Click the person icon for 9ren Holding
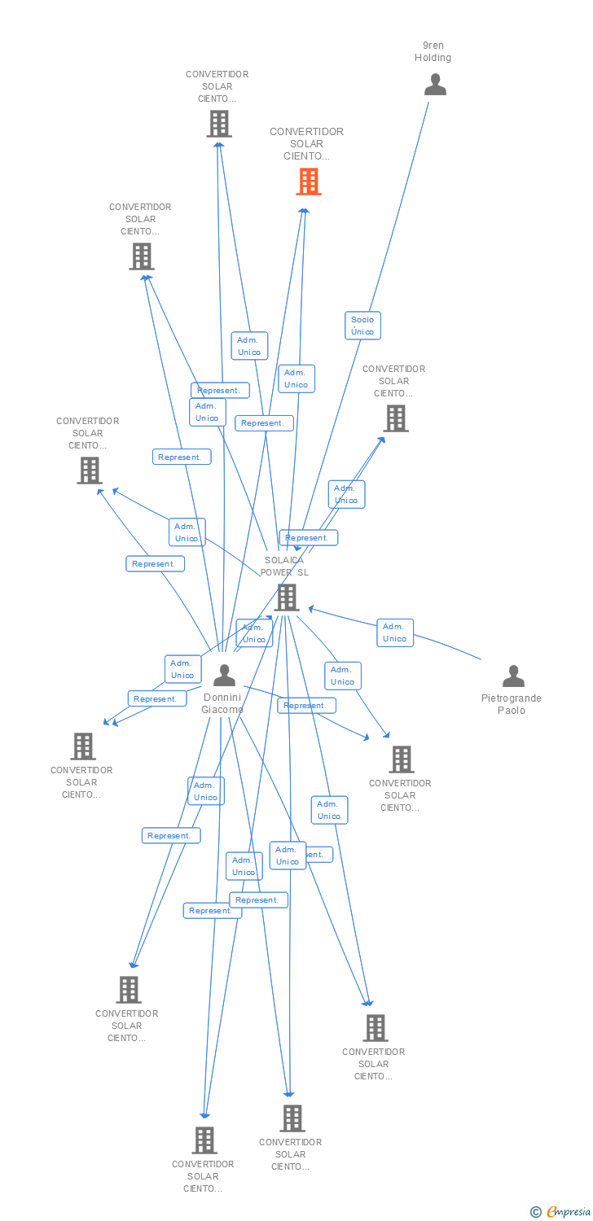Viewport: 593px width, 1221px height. pyautogui.click(x=436, y=85)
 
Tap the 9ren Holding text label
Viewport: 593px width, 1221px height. pyautogui.click(x=433, y=52)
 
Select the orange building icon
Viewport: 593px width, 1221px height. pyautogui.click(x=308, y=182)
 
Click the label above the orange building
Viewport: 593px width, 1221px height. pyautogui.click(x=307, y=143)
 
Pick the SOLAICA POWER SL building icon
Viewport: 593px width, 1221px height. pyautogui.click(x=286, y=597)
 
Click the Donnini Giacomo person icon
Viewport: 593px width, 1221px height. pyautogui.click(x=224, y=675)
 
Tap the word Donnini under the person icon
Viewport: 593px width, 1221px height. pyautogui.click(x=223, y=698)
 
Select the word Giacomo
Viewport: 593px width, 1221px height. pyautogui.click(x=222, y=710)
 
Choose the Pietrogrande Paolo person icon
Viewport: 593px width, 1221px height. pyautogui.click(x=513, y=676)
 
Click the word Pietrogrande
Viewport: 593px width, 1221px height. pyautogui.click(x=512, y=698)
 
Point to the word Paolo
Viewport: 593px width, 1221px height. pyautogui.click(x=512, y=711)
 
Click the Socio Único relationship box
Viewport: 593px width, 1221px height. pyautogui.click(x=362, y=326)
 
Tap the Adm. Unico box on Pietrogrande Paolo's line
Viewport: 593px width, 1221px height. pyautogui.click(x=395, y=632)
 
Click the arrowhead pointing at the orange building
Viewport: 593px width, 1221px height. pyautogui.click(x=304, y=211)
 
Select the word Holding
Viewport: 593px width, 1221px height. pyautogui.click(x=433, y=58)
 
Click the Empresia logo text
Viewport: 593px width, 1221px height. pyautogui.click(x=569, y=1212)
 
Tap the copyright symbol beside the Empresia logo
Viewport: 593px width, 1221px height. pyautogui.click(x=536, y=1212)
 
